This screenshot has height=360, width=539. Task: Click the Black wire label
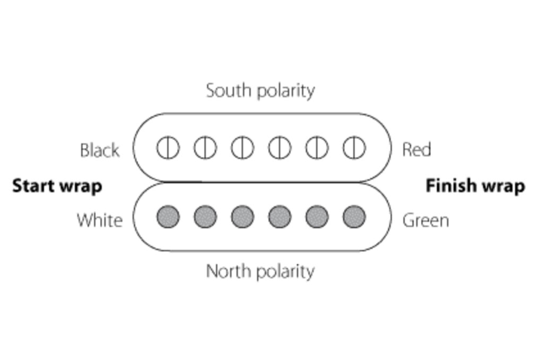click(100, 150)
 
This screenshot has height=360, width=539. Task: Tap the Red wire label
click(416, 150)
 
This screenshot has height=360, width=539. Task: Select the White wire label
click(100, 220)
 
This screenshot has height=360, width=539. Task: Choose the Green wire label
click(425, 220)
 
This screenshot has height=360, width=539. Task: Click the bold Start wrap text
click(57, 186)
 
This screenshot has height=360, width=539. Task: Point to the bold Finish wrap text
click(475, 186)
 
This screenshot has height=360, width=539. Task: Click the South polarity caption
click(260, 90)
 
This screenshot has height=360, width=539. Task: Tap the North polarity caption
click(260, 271)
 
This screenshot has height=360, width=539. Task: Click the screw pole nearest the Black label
click(168, 148)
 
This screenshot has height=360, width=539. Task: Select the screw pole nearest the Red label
click(354, 148)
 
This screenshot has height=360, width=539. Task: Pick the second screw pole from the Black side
click(205, 148)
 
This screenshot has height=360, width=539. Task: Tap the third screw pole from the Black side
click(242, 148)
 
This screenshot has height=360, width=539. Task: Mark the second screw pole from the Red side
click(317, 148)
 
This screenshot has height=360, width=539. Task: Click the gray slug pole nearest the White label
click(168, 217)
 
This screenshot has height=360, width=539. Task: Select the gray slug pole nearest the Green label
click(354, 217)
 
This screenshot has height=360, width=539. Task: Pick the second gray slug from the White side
click(205, 217)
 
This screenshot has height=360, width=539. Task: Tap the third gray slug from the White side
click(242, 217)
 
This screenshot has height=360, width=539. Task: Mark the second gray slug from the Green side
click(317, 217)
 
